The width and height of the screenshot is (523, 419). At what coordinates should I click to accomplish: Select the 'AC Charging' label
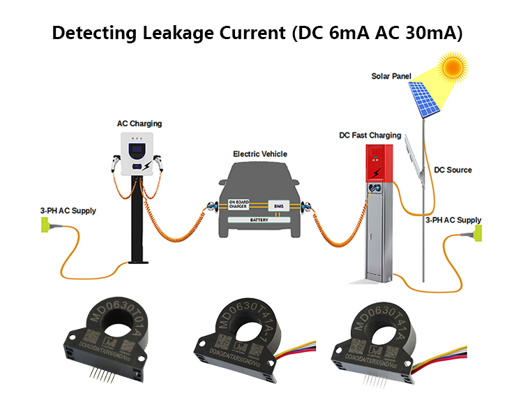139,124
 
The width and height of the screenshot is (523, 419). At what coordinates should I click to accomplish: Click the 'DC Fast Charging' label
370,135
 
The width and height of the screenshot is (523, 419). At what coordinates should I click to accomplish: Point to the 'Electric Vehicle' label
260,154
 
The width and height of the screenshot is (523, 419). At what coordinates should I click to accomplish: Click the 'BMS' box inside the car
280,205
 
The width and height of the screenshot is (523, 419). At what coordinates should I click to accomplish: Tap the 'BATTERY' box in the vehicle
258,219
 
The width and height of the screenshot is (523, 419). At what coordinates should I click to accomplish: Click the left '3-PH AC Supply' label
68,210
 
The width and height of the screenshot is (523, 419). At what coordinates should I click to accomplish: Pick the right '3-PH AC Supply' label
453,220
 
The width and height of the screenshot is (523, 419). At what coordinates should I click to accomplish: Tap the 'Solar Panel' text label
391,75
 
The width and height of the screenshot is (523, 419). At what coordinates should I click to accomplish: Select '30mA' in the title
428,33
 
